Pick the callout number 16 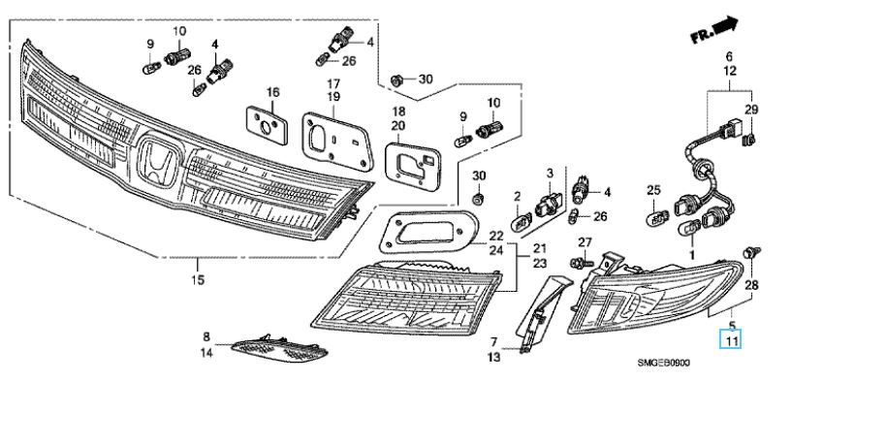pyautogui.click(x=273, y=92)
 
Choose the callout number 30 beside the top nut pyautogui.click(x=426, y=78)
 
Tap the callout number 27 pyautogui.click(x=585, y=241)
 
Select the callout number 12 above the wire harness pyautogui.click(x=730, y=72)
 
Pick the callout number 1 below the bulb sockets pyautogui.click(x=692, y=254)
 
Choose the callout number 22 pyautogui.click(x=495, y=236)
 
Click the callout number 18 pyautogui.click(x=397, y=112)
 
